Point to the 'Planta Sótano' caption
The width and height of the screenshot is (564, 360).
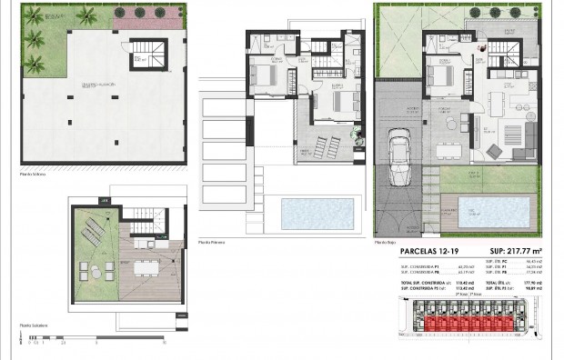34,173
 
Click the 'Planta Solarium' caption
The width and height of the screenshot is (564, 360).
35,325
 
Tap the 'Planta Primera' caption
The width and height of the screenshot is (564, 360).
211,243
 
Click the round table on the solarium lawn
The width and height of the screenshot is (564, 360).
95,269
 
